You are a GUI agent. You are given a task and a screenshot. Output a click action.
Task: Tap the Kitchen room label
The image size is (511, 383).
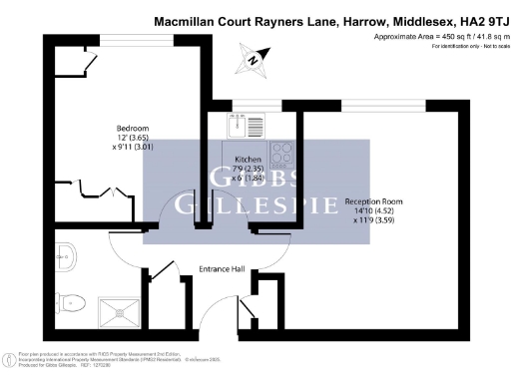(248, 160)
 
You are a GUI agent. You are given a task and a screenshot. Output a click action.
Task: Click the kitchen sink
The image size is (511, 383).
(236, 127)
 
